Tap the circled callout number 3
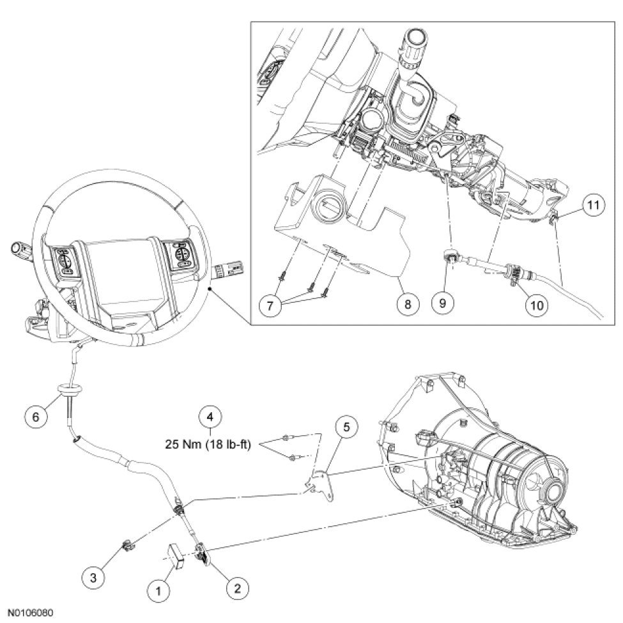click(x=95, y=577)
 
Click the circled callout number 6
click(x=36, y=415)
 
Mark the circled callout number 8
click(x=406, y=304)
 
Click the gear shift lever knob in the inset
click(x=411, y=49)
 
